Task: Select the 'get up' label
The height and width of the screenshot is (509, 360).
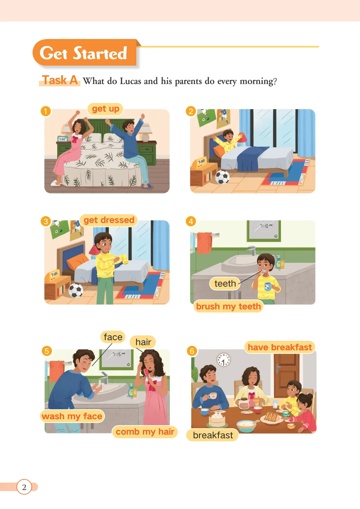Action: coord(105,109)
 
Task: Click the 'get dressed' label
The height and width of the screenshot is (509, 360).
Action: coord(109,220)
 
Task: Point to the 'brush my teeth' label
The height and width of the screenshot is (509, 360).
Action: coord(228,306)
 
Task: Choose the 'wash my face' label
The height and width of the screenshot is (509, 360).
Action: coord(72,416)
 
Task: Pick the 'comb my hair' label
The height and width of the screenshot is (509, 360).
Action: coord(145,431)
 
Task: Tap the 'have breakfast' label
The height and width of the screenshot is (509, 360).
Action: coord(280,347)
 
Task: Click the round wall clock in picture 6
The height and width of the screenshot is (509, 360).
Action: coord(223,360)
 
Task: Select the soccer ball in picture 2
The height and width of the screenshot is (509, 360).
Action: coord(222,177)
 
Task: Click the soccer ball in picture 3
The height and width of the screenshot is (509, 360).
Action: coord(76,290)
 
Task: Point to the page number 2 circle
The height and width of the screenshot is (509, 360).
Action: coord(24,487)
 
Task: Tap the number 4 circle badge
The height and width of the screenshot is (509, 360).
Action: coord(191,221)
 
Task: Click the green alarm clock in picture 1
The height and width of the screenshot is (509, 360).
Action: coord(62,139)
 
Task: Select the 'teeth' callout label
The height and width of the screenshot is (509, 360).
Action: coord(225,284)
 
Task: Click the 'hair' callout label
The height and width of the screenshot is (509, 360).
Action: coord(143,342)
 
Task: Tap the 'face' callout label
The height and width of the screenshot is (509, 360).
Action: coord(113,337)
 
